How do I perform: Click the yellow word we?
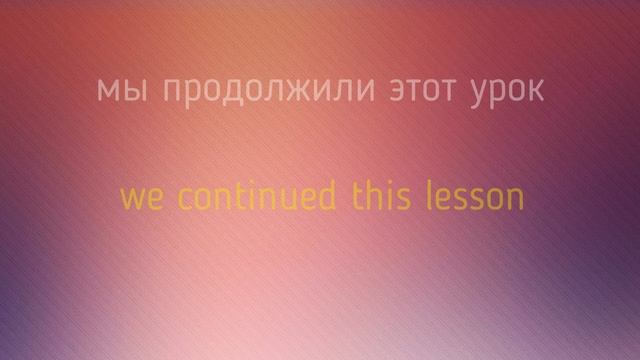coord(139,196)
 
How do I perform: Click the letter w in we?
coord(131,197)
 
